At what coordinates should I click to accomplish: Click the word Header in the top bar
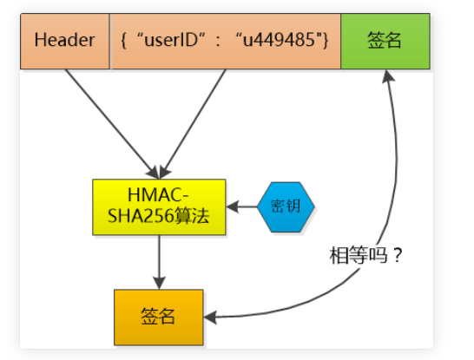65,41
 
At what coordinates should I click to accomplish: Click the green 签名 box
385,41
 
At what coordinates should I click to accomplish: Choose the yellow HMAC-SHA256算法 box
159,207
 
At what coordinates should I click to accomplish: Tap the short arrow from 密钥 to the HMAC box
244,207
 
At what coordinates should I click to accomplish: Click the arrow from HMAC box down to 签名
159,260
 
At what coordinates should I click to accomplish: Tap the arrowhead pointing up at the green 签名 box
387,76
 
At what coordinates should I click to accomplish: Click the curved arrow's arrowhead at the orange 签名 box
212,317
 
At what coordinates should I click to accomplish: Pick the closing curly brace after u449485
326,41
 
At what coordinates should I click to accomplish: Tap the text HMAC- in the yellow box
159,196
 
